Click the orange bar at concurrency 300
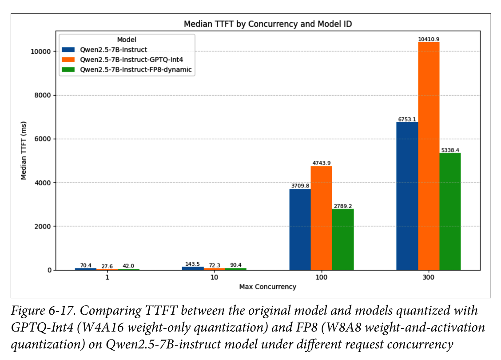(429, 156)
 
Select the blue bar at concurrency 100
(300, 230)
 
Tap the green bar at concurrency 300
(450, 212)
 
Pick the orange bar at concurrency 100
(322, 218)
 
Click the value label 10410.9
(429, 39)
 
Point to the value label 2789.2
(343, 206)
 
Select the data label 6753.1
(407, 120)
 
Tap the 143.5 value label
(192, 264)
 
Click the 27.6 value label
(107, 266)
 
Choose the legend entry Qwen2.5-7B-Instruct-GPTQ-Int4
(131, 60)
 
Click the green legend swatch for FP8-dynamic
(68, 69)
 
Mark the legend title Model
(127, 40)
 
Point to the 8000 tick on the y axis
(43, 95)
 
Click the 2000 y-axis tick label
(43, 226)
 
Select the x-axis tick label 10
(214, 277)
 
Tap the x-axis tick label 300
(429, 277)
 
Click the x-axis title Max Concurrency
(268, 287)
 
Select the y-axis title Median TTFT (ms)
(24, 151)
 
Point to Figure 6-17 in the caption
(43, 311)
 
